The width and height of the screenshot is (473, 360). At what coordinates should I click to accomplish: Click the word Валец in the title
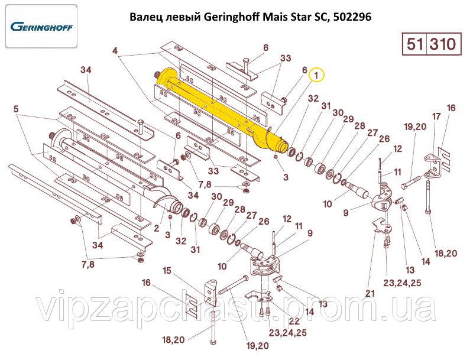145,17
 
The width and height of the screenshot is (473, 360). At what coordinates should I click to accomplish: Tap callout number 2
156,227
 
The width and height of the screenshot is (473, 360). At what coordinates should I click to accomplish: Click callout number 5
16,109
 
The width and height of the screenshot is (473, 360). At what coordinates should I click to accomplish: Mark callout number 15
167,270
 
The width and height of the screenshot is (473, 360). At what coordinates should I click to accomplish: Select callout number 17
436,116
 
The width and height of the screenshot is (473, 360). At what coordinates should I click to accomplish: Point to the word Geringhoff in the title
225,17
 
